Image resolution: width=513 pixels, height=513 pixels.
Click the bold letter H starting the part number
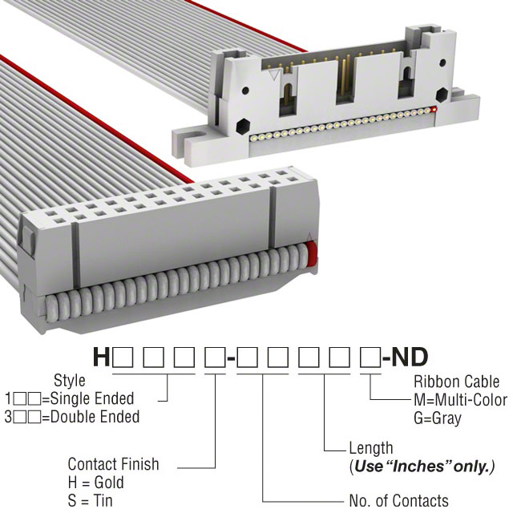click(101, 357)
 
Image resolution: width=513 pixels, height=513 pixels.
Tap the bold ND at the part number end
click(410, 357)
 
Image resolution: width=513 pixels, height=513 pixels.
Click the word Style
click(70, 381)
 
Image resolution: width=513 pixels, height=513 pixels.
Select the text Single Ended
click(92, 398)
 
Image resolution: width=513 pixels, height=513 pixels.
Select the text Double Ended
click(95, 417)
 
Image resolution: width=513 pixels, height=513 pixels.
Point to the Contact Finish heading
click(113, 464)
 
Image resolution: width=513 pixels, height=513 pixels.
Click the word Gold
click(109, 483)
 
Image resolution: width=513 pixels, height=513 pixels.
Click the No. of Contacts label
click(399, 500)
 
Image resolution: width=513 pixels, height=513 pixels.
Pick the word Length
click(371, 448)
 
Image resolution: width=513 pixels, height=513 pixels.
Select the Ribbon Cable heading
click(456, 382)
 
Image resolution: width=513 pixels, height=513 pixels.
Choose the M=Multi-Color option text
click(461, 400)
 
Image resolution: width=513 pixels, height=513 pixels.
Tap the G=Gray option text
click(438, 418)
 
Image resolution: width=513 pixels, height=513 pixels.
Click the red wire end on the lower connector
click(312, 254)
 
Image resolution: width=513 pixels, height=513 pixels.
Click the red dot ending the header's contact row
click(434, 109)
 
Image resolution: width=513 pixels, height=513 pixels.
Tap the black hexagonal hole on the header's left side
click(243, 126)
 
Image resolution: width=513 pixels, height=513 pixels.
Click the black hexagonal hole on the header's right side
click(442, 95)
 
